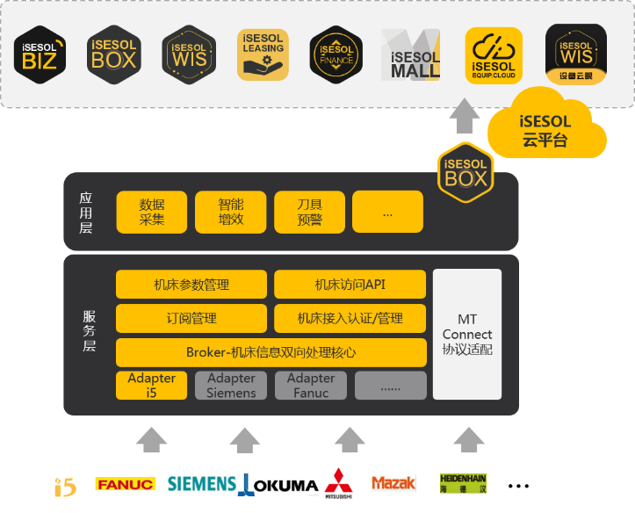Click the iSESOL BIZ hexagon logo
(40, 53)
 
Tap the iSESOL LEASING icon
(263, 54)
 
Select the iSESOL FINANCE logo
(336, 54)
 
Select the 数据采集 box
(152, 212)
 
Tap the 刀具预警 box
(309, 212)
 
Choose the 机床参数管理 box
(191, 285)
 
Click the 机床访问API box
(350, 285)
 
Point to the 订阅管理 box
(191, 318)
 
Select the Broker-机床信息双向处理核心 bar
(271, 352)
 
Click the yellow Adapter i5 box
(151, 386)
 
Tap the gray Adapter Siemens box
(231, 386)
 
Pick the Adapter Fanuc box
(310, 386)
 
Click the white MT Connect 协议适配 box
(467, 334)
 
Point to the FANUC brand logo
(125, 484)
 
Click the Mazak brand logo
(393, 483)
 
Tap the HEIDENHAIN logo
(463, 483)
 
